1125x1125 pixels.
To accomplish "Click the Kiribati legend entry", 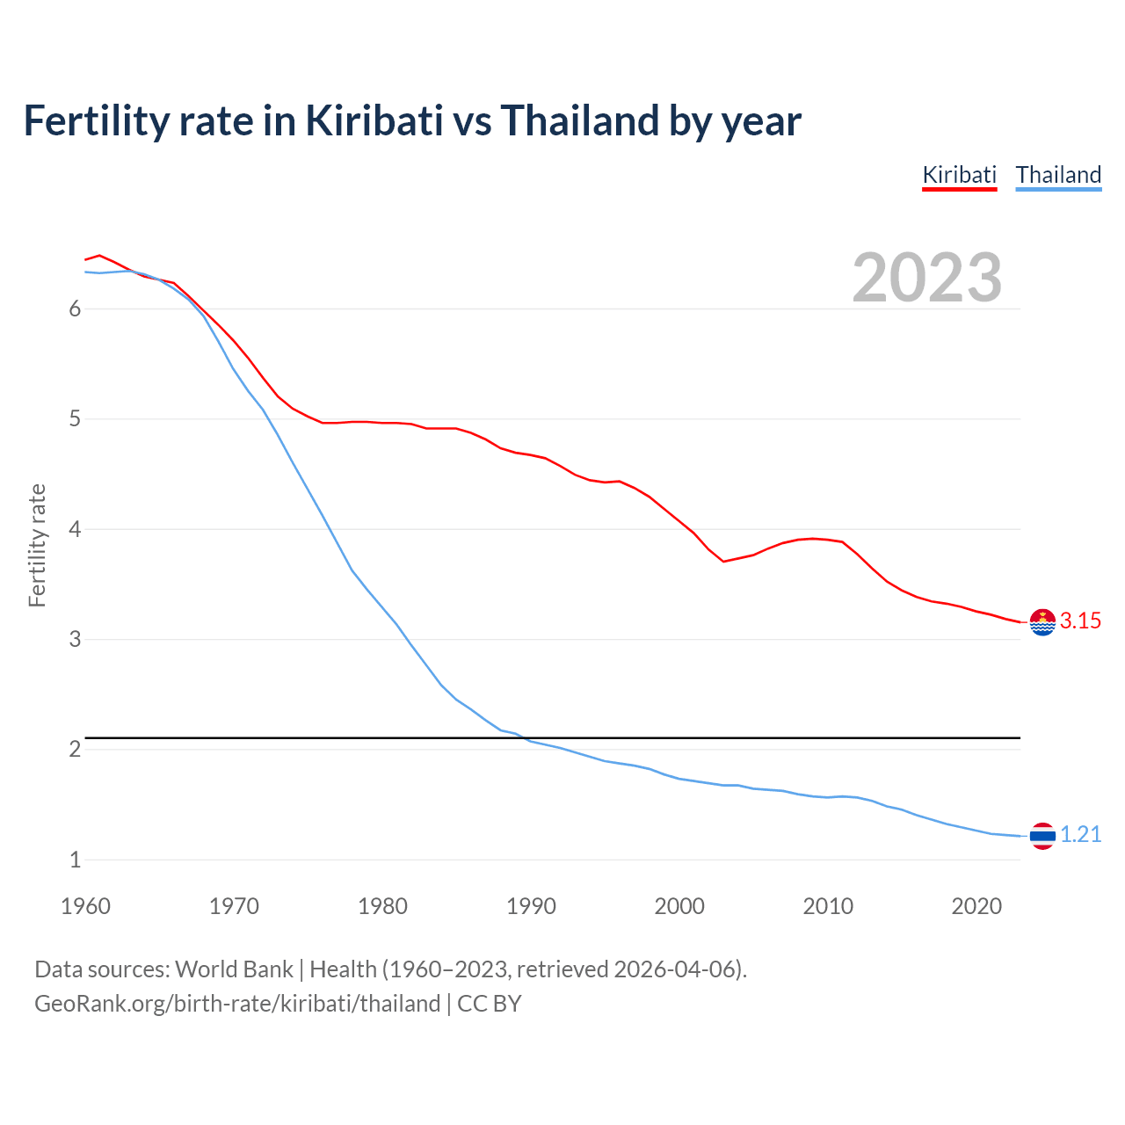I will point(959,175).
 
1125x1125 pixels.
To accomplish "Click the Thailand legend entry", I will point(1058,175).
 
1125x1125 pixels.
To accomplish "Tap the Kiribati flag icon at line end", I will point(1042,622).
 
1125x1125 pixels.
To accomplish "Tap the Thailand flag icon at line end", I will point(1042,836).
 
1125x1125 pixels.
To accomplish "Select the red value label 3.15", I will point(1080,621).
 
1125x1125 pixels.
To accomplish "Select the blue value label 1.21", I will point(1080,835).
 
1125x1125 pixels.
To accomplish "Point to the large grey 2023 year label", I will point(926,278).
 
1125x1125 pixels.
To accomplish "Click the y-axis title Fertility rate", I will point(37,545).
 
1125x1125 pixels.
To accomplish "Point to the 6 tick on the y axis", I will point(76,309).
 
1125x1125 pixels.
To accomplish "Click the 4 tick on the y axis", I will point(76,530).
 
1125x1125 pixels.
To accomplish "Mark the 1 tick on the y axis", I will point(76,860).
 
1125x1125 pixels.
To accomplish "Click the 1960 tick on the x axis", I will point(85,906).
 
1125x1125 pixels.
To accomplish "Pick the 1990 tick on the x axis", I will point(531,906).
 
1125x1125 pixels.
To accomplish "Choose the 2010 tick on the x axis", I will point(828,906).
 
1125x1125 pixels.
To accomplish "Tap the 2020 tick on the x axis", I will point(976,906).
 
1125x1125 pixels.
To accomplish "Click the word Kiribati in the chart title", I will point(374,121).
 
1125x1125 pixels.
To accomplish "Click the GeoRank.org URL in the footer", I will point(237,1004).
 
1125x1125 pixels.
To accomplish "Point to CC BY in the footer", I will point(490,1004).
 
